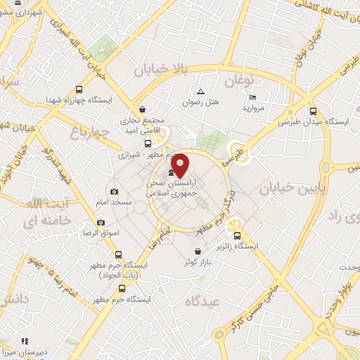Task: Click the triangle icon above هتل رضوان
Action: [200, 91]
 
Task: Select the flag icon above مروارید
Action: [253, 97]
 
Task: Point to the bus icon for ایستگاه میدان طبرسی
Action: [313, 110]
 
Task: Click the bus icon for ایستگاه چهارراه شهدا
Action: [78, 89]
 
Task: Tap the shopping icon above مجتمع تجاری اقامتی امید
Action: [143, 110]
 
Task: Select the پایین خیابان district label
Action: [288, 188]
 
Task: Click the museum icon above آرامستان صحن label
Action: [171, 173]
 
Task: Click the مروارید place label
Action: [253, 108]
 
